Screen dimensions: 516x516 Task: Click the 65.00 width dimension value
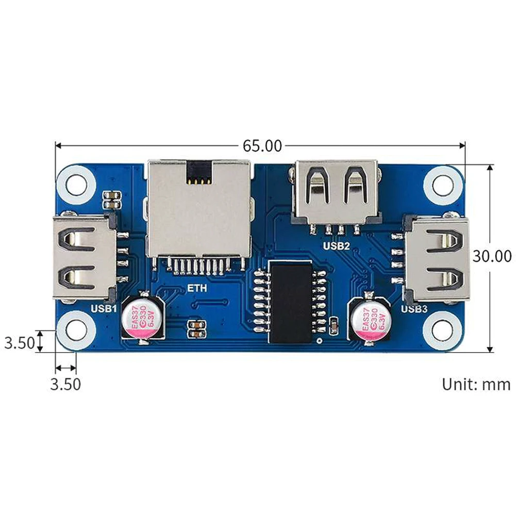click(262, 146)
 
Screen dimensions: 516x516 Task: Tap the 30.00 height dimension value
click(492, 256)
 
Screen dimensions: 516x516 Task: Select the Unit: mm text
click(476, 384)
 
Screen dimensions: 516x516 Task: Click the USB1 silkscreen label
click(104, 309)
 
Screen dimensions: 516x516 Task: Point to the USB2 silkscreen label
click(336, 246)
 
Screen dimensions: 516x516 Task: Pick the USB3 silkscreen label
click(414, 309)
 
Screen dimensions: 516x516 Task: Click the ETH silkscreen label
click(197, 288)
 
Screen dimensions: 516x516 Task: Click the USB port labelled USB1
click(85, 257)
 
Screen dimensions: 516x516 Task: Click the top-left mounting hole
click(76, 185)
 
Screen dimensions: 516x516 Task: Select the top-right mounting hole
click(443, 185)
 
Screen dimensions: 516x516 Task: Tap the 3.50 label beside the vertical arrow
click(19, 343)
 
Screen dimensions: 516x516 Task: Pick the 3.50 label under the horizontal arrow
click(65, 384)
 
